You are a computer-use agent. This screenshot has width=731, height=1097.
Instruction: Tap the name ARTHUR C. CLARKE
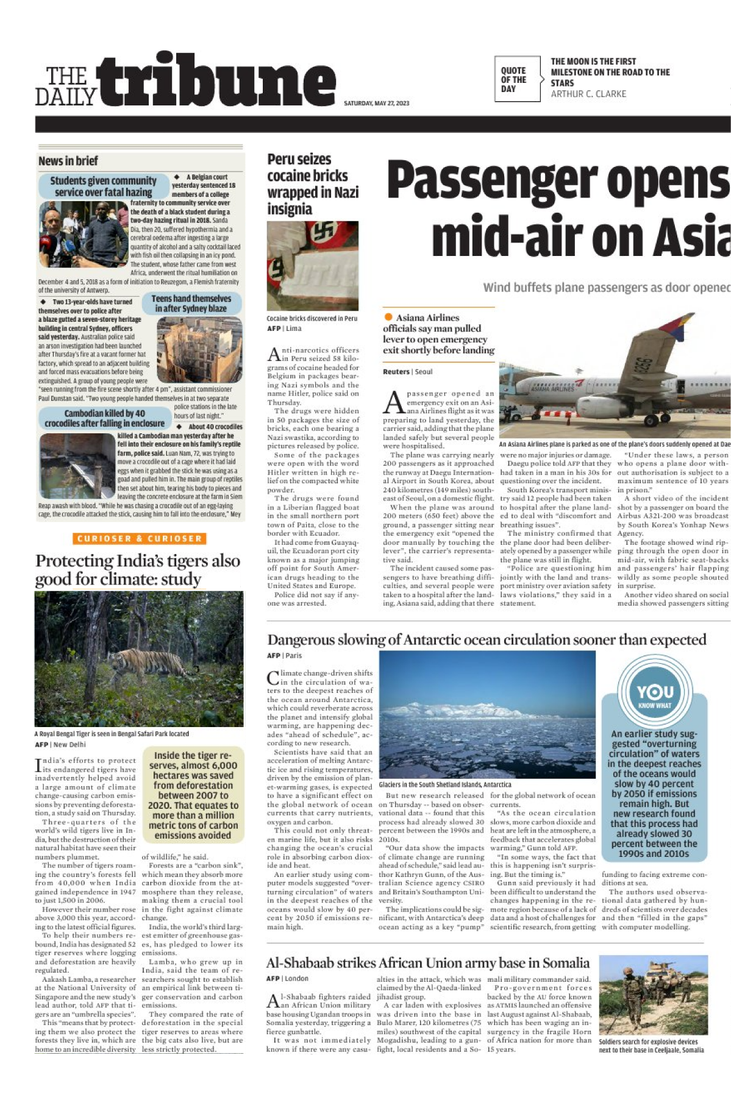(x=588, y=94)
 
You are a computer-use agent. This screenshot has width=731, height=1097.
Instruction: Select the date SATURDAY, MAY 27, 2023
(x=376, y=103)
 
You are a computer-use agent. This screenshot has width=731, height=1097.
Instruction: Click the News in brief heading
(x=68, y=161)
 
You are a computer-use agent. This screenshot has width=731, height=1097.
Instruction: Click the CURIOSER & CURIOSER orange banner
(x=138, y=539)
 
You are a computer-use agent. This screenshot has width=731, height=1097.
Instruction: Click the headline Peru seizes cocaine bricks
(x=312, y=184)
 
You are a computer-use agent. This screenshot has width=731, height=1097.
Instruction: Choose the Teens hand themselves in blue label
(x=191, y=303)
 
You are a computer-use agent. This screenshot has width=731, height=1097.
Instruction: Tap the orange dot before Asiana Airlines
(x=388, y=317)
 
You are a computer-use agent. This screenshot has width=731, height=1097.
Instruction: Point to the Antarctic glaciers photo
(x=487, y=714)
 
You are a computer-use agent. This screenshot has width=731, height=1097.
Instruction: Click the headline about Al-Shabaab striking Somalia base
(x=427, y=962)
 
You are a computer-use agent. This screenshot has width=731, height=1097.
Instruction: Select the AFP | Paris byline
(x=284, y=656)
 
